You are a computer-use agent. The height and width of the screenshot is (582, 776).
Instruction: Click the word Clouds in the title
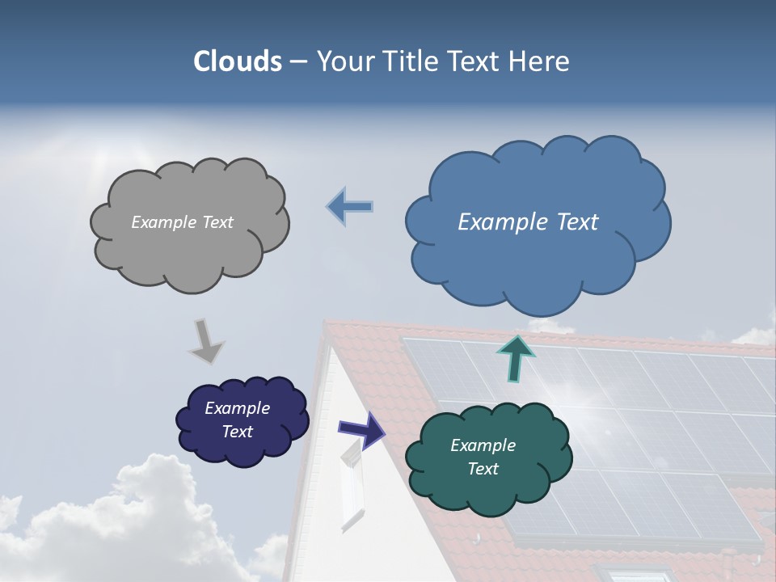pos(238,61)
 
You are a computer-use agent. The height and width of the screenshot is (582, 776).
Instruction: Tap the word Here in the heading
pos(542,61)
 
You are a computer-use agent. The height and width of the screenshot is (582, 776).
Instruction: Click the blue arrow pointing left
pos(350,206)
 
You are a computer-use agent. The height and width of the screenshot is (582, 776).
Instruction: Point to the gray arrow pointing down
pos(206,340)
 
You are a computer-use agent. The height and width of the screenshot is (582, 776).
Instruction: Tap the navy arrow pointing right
pos(361,429)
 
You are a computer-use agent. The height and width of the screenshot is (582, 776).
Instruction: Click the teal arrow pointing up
pos(516,358)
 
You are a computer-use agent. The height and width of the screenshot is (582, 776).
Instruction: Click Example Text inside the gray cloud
pos(182,222)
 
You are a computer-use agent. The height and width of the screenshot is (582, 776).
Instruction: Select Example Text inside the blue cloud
pos(528,222)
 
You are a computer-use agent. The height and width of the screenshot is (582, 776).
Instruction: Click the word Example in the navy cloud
pos(237,408)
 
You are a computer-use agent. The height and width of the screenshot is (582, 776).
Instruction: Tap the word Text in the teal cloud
pos(483,469)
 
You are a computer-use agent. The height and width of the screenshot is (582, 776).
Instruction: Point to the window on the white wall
pos(352,485)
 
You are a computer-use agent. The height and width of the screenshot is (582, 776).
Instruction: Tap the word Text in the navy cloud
pos(237,432)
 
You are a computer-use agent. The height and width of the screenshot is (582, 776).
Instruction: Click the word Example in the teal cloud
pos(483,445)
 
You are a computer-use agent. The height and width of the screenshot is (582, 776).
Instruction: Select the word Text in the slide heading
pos(479,61)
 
